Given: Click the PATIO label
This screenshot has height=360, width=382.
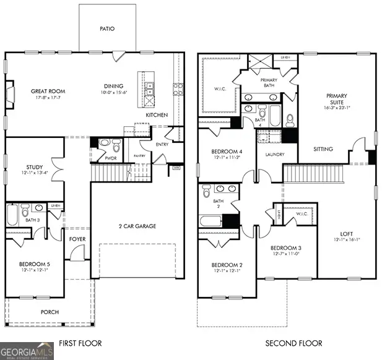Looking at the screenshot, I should point(107,28).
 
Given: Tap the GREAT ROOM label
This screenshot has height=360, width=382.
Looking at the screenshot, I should point(48,92).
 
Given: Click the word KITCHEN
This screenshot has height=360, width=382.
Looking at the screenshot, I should point(157,115).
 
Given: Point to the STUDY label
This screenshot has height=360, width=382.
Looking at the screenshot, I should point(35,167).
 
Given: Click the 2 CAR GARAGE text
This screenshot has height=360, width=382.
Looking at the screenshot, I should point(137,226).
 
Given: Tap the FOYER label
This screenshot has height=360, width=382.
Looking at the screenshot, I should point(77,238).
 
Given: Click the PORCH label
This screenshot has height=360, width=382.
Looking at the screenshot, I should point(50,312).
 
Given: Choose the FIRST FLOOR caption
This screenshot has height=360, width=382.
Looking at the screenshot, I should point(80,343).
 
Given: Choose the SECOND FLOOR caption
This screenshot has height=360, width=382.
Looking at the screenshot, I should point(294,343).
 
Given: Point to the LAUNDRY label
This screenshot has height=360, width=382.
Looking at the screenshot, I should point(274,155).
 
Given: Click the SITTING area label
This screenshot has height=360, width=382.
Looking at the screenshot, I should point(323,149).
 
